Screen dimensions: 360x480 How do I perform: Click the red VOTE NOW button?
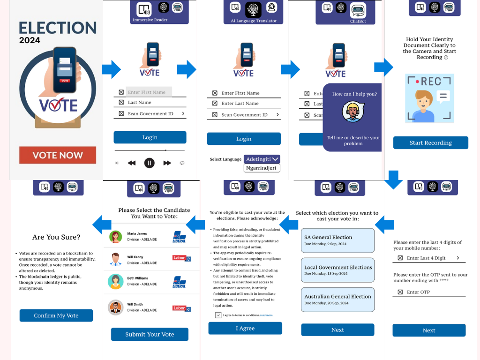58,155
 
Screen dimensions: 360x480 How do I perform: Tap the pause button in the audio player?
149,163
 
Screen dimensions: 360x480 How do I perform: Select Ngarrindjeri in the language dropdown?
262,168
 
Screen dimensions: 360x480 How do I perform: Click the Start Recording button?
430,143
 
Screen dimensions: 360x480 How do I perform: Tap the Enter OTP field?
429,292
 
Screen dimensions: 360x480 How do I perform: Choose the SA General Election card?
337,240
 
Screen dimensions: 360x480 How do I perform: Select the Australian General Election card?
337,300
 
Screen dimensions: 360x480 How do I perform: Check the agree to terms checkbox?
218,315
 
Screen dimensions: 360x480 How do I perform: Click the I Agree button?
245,328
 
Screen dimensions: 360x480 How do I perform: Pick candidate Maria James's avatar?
115,237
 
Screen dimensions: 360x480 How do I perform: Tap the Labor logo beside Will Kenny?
181,258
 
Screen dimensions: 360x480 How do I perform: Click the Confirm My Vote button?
56,315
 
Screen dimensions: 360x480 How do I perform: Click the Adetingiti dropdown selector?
262,159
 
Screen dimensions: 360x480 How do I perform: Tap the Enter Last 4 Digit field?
429,258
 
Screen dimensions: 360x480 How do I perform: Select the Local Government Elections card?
337,270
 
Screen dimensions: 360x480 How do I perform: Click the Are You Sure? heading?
56,237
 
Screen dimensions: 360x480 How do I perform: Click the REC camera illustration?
429,98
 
